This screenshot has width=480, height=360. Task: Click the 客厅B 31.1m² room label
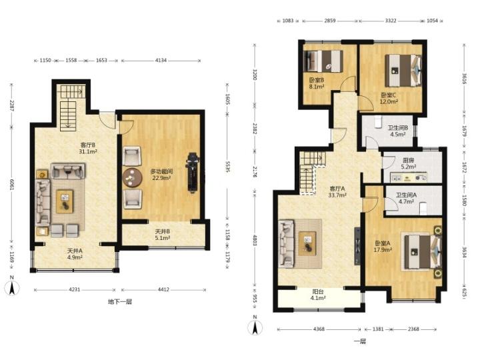pyautogui.click(x=88, y=148)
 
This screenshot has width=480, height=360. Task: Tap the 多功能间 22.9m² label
pyautogui.click(x=161, y=175)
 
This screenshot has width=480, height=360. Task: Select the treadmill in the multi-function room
pyautogui.click(x=193, y=173)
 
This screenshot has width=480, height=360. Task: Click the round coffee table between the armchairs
pyautogui.click(x=132, y=177)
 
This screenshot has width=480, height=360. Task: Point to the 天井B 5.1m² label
pyautogui.click(x=163, y=235)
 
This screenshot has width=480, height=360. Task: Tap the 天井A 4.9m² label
pyautogui.click(x=75, y=254)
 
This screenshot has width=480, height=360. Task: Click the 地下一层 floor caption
pyautogui.click(x=120, y=301)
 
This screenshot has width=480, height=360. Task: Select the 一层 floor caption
pyautogui.click(x=360, y=341)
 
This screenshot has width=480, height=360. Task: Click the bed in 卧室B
pyautogui.click(x=323, y=61)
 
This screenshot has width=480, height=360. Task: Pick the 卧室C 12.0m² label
pyautogui.click(x=389, y=98)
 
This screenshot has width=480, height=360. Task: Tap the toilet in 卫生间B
pyautogui.click(x=378, y=122)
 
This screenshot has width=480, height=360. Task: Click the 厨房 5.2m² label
pyautogui.click(x=409, y=163)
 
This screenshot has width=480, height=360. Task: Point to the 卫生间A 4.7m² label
pyautogui.click(x=406, y=198)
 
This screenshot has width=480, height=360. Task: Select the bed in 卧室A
pyautogui.click(x=423, y=252)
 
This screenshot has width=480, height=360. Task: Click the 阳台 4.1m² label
pyautogui.click(x=318, y=295)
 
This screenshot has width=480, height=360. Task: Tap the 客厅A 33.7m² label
pyautogui.click(x=337, y=191)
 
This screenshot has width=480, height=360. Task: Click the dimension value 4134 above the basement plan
pyautogui.click(x=161, y=60)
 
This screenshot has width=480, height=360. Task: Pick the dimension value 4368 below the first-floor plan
pyautogui.click(x=319, y=329)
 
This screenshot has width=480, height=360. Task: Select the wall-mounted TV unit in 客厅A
pyautogui.click(x=357, y=246)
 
